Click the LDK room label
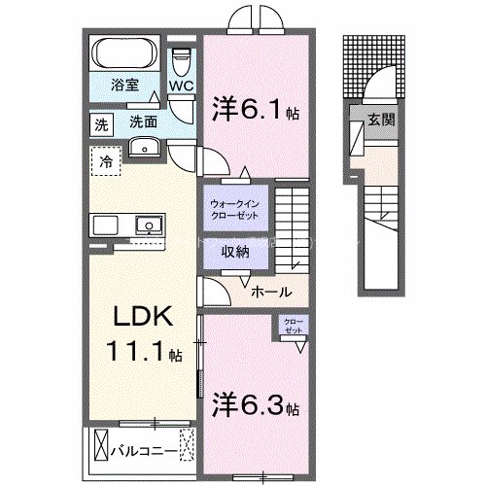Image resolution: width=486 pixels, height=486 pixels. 146,319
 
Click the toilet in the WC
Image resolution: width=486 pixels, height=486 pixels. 181,62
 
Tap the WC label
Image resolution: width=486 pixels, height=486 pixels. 182,86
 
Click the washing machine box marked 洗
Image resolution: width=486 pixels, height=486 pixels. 100,124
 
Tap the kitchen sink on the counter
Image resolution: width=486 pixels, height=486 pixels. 148,226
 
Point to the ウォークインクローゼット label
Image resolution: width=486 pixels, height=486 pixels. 233,209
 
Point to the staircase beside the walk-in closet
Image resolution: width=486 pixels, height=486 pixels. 291,228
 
